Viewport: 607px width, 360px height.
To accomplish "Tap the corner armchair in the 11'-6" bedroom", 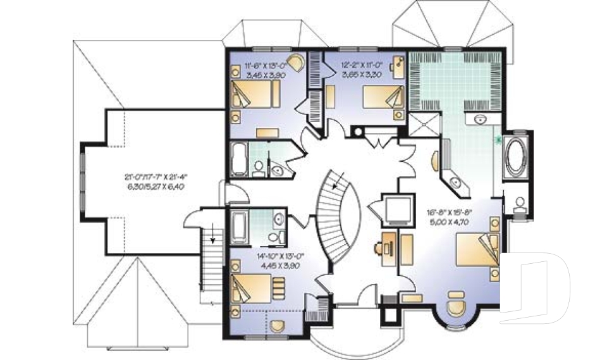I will (x=297, y=63).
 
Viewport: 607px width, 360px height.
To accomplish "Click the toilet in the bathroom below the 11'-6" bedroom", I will (x=258, y=168).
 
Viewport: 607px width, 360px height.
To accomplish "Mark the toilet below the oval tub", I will (x=520, y=204).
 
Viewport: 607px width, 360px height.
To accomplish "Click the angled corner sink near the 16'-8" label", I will (x=455, y=182).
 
